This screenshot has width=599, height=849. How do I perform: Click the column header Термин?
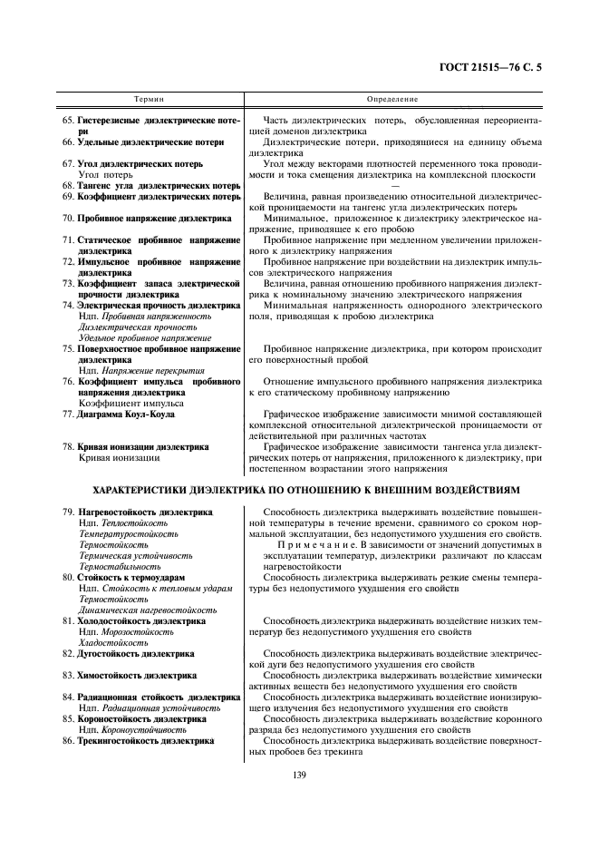click(x=149, y=98)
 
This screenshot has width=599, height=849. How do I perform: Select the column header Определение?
click(x=392, y=98)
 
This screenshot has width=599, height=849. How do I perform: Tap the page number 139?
click(x=299, y=774)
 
